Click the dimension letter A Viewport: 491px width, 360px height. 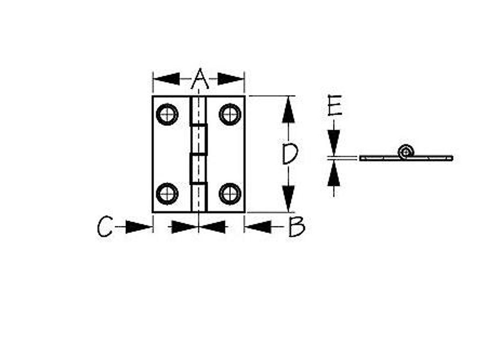click(200, 79)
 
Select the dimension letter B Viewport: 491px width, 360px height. click(297, 227)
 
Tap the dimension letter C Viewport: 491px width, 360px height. click(105, 226)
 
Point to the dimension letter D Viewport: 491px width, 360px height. click(290, 153)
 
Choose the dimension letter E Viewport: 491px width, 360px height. click(335, 106)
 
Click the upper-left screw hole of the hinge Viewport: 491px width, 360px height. click(167, 115)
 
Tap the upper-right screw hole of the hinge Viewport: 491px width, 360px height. click(230, 115)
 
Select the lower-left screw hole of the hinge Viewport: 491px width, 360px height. click(167, 193)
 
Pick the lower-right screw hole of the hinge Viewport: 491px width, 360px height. click(230, 193)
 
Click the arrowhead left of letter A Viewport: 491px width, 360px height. click(167, 79)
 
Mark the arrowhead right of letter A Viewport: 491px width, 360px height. click(231, 79)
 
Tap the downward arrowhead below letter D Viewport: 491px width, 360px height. click(288, 199)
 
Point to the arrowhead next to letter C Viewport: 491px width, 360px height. click(139, 227)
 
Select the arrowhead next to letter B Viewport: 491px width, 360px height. click(258, 227)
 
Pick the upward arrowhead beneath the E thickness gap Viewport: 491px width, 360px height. click(333, 173)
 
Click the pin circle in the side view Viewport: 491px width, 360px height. click(406, 152)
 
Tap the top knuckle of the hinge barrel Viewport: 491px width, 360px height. click(198, 110)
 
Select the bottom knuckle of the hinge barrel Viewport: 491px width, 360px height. click(198, 197)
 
